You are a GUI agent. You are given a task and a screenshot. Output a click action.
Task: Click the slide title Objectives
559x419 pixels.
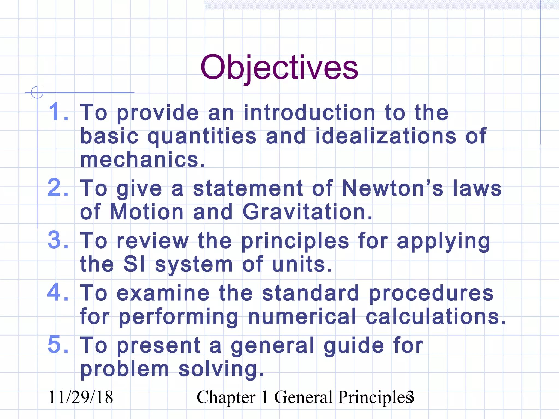click(x=279, y=67)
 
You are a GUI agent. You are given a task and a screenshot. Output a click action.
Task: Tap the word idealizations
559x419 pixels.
click(x=385, y=136)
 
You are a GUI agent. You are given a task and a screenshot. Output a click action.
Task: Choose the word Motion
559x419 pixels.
click(x=147, y=212)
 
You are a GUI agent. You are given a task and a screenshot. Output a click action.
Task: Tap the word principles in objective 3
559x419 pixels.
click(x=295, y=241)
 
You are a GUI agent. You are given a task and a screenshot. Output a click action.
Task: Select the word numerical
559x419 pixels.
click(x=302, y=316)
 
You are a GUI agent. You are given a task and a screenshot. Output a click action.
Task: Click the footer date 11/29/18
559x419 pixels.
click(x=81, y=397)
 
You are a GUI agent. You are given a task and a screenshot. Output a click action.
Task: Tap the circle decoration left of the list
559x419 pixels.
click(x=37, y=92)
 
